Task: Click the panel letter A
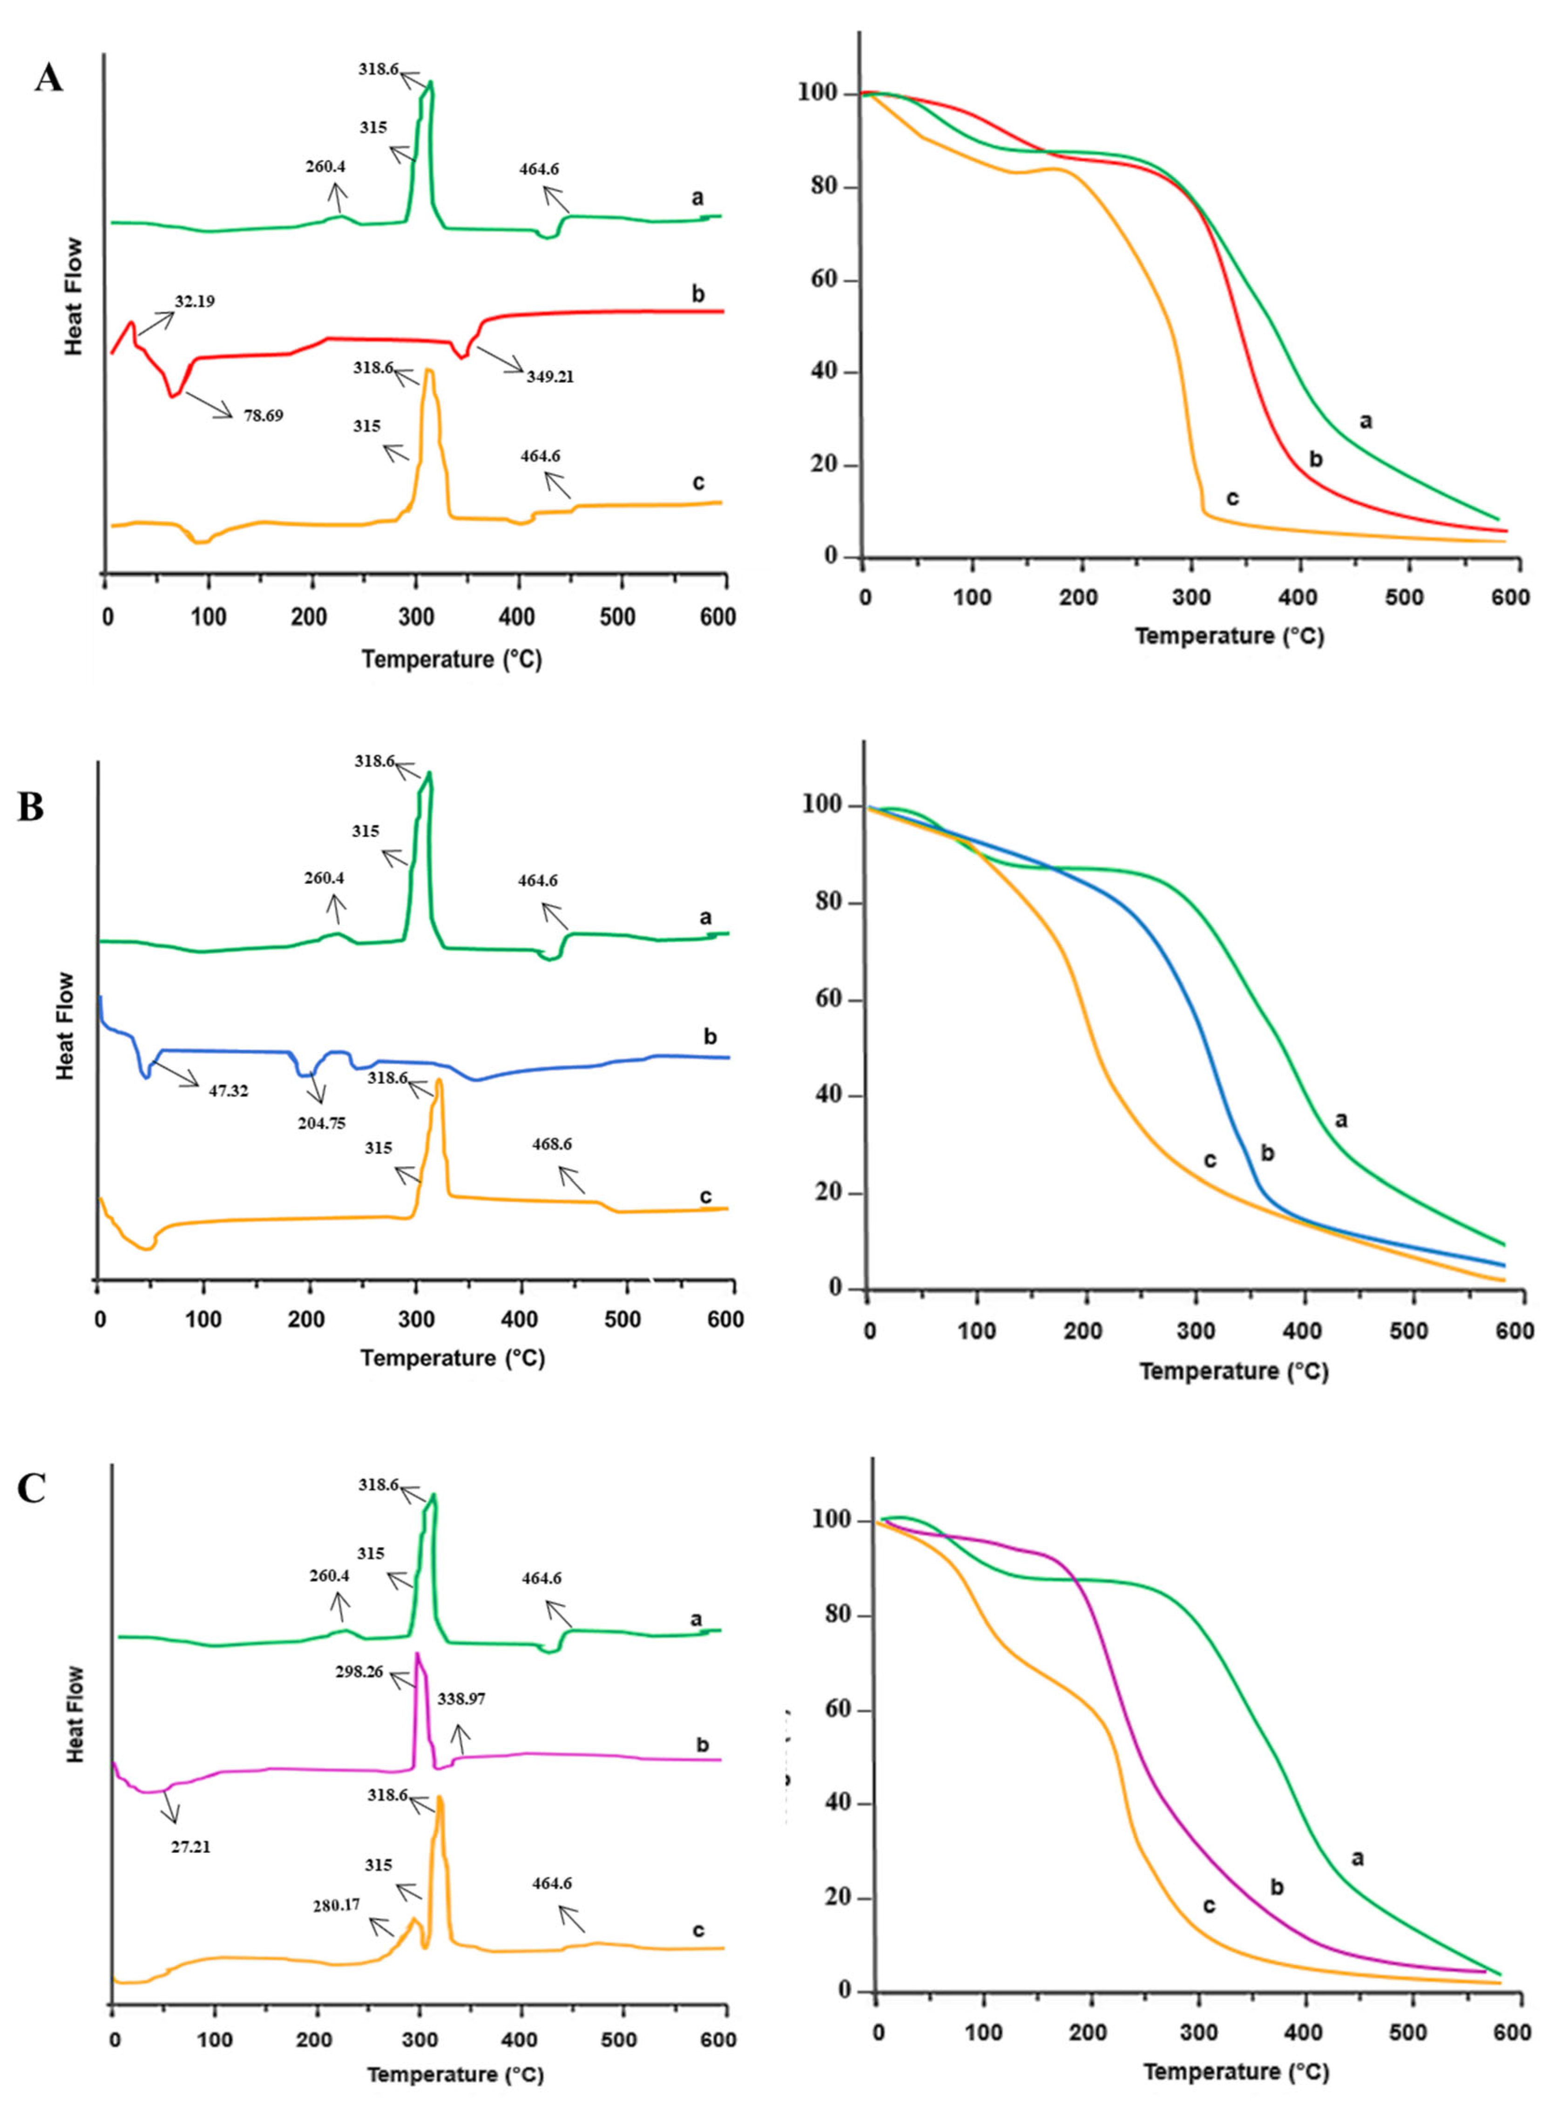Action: pos(48,79)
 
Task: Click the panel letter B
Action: pos(31,808)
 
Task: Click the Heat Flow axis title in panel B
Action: pos(64,1026)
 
